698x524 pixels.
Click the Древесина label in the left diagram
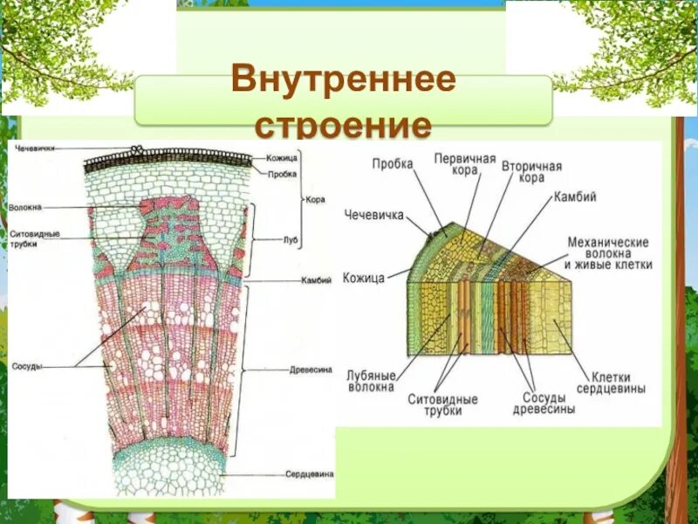[311, 369]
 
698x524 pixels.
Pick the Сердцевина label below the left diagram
[309, 474]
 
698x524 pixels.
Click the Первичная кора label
[465, 165]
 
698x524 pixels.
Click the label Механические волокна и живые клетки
[609, 252]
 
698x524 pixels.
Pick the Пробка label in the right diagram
[393, 163]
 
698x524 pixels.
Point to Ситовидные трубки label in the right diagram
[442, 404]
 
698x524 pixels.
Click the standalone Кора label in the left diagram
[315, 199]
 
